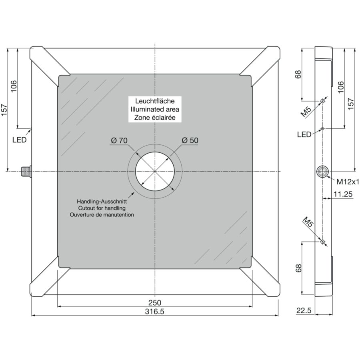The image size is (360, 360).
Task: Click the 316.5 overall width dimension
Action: [154, 312]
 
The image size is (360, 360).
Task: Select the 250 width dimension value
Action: [155, 303]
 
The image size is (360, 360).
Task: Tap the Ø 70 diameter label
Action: [119, 140]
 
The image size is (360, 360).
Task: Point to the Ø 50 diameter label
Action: [190, 140]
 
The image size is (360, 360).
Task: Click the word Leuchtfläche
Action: [155, 101]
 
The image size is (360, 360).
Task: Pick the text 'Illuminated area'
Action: [155, 109]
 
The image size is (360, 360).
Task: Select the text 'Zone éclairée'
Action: [155, 118]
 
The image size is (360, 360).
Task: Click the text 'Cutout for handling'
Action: [102, 208]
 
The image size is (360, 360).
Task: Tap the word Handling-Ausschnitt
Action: [102, 202]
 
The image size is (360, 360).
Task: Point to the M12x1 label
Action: [348, 182]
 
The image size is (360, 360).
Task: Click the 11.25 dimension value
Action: [343, 194]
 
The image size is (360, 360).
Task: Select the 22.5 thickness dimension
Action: [304, 311]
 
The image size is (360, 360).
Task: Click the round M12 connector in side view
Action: [322, 172]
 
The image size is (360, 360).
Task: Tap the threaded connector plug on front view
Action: [26, 172]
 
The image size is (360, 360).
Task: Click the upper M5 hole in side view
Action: [322, 101]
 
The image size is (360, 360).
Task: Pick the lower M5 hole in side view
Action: [322, 242]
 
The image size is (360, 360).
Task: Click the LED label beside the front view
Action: [19, 140]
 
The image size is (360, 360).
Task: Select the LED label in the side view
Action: [304, 134]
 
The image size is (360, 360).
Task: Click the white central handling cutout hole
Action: [155, 171]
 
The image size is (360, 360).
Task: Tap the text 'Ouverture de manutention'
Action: [102, 215]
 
